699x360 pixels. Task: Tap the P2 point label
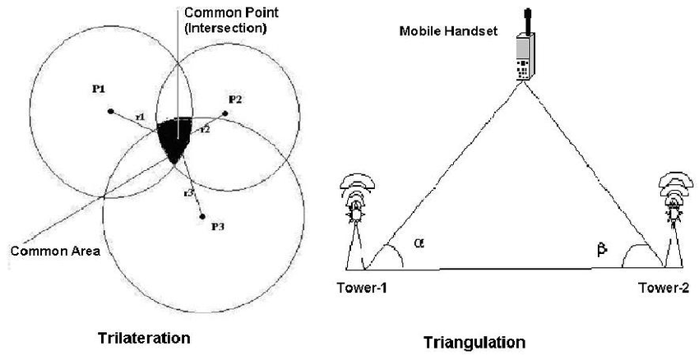click(x=234, y=99)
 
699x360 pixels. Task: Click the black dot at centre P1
click(x=109, y=111)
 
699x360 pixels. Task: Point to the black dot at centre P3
click(x=201, y=217)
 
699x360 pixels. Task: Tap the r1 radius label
click(x=140, y=118)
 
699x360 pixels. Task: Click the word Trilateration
click(x=144, y=338)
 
